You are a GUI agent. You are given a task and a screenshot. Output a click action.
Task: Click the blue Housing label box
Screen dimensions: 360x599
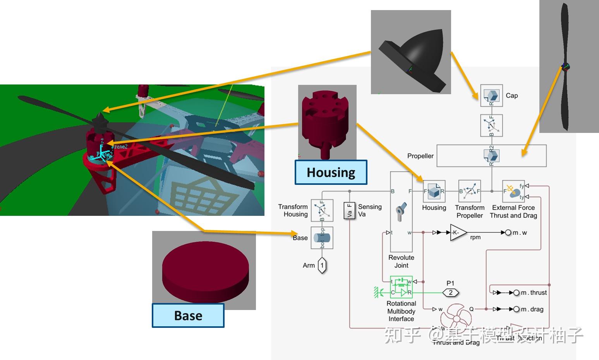pyautogui.click(x=331, y=172)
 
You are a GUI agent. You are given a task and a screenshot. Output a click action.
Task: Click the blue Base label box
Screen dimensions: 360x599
pyautogui.click(x=188, y=315)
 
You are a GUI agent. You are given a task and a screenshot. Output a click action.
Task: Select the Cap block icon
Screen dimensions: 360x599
pyautogui.click(x=491, y=95)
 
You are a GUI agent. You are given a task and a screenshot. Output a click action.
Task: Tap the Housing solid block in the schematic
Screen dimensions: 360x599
pyautogui.click(x=434, y=191)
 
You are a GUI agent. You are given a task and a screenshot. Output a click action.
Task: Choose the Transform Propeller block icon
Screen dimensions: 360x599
pyautogui.click(x=469, y=191)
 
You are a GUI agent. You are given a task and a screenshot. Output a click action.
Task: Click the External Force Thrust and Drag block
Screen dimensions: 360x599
pyautogui.click(x=513, y=191)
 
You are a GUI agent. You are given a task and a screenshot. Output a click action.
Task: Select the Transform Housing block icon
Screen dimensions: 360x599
pyautogui.click(x=322, y=210)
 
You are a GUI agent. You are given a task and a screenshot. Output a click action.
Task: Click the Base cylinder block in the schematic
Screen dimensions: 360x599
pyautogui.click(x=322, y=238)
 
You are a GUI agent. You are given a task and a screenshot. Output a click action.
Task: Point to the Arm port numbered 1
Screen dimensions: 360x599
pyautogui.click(x=322, y=266)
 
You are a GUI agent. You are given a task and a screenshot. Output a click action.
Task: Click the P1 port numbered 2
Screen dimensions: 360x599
pyautogui.click(x=450, y=293)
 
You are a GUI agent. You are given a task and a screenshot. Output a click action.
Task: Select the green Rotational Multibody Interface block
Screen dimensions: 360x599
pyautogui.click(x=401, y=287)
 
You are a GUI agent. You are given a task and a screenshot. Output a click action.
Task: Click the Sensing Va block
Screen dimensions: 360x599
pyautogui.click(x=350, y=210)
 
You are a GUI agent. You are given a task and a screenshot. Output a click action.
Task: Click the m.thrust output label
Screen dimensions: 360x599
pyautogui.click(x=534, y=293)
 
